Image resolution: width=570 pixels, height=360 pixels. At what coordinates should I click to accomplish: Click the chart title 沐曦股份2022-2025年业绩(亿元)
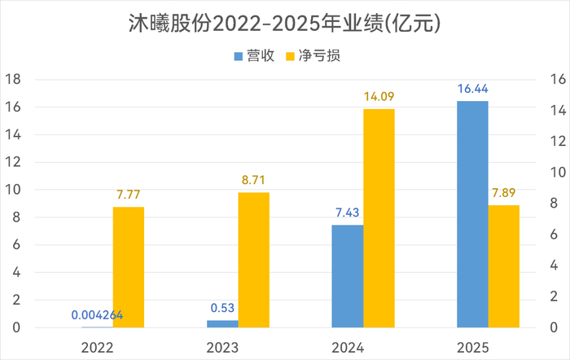coord(285,23)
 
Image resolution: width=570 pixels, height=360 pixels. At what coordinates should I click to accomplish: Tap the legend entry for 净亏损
coord(316,56)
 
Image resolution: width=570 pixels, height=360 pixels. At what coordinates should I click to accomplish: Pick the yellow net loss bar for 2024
coord(379,218)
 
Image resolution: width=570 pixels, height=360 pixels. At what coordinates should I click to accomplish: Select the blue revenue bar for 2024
coord(348,276)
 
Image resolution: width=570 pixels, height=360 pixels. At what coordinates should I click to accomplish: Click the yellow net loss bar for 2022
coord(129,267)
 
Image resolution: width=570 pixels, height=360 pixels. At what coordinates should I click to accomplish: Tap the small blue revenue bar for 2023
coord(222,323)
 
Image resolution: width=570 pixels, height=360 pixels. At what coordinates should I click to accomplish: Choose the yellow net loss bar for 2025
coord(504,266)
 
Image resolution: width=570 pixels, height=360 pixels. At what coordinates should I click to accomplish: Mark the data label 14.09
coord(379,97)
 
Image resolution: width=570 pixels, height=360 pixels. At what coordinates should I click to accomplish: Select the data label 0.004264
coord(98,314)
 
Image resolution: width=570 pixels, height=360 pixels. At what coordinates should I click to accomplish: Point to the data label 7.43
coord(348,213)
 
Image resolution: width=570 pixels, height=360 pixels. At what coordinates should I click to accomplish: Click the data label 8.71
coord(253,181)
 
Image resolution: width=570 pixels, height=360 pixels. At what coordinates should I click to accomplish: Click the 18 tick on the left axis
coord(12,80)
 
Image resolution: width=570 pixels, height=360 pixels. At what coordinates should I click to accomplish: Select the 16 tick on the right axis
coord(558,80)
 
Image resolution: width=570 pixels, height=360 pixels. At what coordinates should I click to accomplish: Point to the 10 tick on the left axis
coord(12,190)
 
